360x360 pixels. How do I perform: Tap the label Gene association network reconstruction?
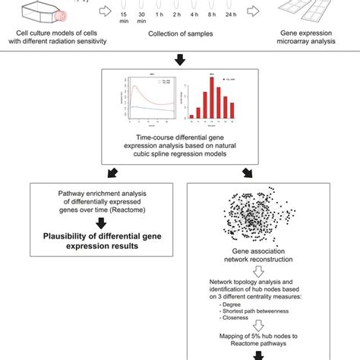coord(254,264)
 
